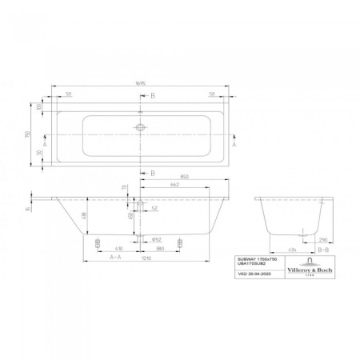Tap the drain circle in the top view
point(140,126)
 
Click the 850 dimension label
point(185,177)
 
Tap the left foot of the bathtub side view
point(98,241)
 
